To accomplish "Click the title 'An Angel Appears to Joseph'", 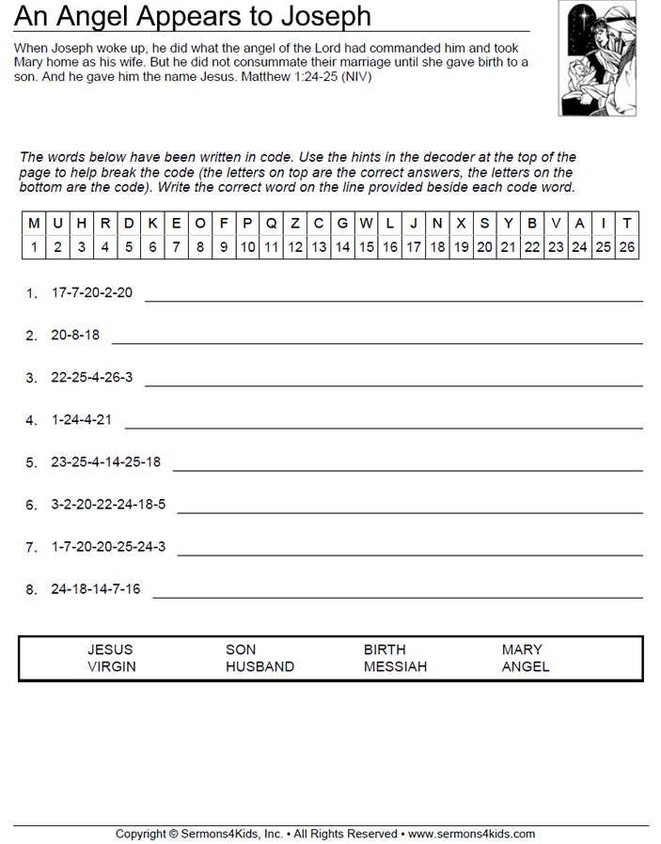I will pyautogui.click(x=193, y=16).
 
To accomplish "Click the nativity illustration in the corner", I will pyautogui.click(x=597, y=58).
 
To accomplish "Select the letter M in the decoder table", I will pyautogui.click(x=34, y=224).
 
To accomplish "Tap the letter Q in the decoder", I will pyautogui.click(x=271, y=224).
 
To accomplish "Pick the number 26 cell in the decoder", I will pyautogui.click(x=626, y=247).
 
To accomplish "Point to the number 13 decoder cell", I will pyautogui.click(x=319, y=247).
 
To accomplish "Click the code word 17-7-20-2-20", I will pyautogui.click(x=92, y=293).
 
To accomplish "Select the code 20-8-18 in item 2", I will pyautogui.click(x=75, y=336).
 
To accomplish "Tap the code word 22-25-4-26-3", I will pyautogui.click(x=92, y=378).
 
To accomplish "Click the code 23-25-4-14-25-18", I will pyautogui.click(x=106, y=462).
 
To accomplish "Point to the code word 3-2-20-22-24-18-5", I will pyautogui.click(x=108, y=505).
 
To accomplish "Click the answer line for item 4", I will pyautogui.click(x=384, y=427).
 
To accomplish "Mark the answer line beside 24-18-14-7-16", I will pyautogui.click(x=397, y=596).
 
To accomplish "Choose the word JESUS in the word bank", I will pyautogui.click(x=110, y=649).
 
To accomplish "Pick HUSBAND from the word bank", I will pyautogui.click(x=260, y=666).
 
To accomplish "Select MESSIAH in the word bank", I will pyautogui.click(x=395, y=666).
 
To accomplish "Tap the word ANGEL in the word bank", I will pyautogui.click(x=526, y=666).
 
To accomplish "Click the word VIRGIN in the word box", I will pyautogui.click(x=112, y=666).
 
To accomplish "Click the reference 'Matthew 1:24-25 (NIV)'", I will pyautogui.click(x=306, y=77).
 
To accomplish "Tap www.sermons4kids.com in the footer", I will pyautogui.click(x=471, y=834).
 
